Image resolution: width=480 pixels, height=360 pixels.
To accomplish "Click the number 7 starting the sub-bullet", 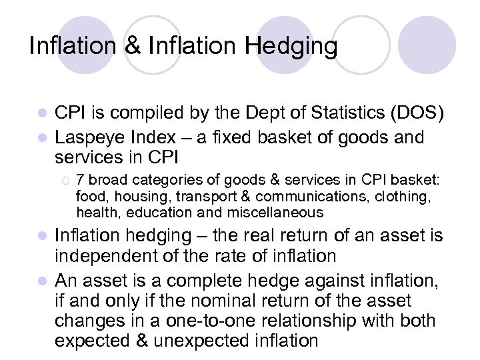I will pyautogui.click(x=80, y=179).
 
